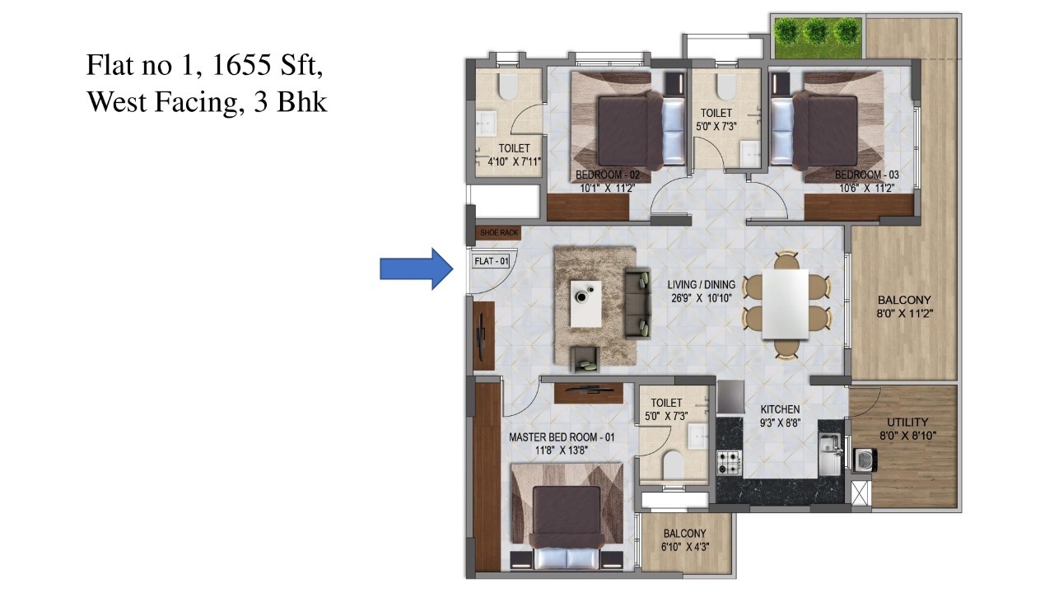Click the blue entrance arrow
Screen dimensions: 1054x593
pos(417,269)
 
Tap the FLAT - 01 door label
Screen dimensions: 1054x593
pos(492,261)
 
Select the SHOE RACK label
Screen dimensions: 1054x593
pos(499,232)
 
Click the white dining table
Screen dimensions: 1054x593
pos(786,304)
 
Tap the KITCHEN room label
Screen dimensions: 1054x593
pos(780,409)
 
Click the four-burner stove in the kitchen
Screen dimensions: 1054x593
pos(729,462)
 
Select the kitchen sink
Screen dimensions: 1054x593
pos(831,453)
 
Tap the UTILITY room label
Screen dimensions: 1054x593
pos(907,422)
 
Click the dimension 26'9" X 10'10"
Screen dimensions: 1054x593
pos(701,298)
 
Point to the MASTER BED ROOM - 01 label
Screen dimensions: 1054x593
pos(562,437)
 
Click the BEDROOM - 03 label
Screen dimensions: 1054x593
pos(867,175)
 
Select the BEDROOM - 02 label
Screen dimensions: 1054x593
pos(608,175)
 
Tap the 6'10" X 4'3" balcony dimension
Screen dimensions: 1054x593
pos(685,547)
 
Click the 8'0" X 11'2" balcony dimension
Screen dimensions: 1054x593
pos(904,314)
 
